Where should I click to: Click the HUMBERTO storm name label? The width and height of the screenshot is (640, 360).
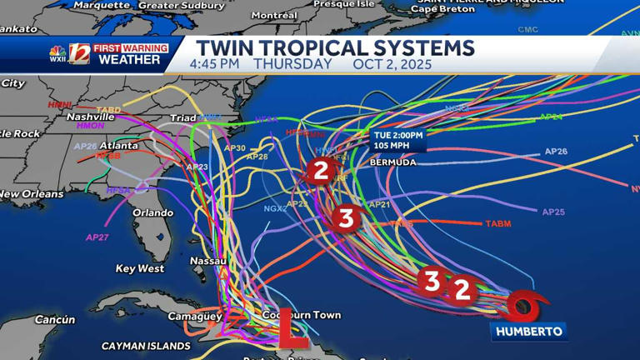pyautogui.click(x=529, y=332)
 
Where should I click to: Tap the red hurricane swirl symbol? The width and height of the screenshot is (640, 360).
pyautogui.click(x=524, y=307)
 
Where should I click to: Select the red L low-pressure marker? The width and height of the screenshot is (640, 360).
pyautogui.click(x=291, y=327)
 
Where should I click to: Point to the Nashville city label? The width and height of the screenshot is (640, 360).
pyautogui.click(x=90, y=117)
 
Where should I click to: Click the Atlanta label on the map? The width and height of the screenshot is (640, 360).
pyautogui.click(x=119, y=146)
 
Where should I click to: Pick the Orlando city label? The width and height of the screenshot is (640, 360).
pyautogui.click(x=153, y=212)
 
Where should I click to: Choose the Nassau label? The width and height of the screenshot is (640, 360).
pyautogui.click(x=208, y=261)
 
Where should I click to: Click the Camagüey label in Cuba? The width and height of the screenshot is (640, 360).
pyautogui.click(x=195, y=316)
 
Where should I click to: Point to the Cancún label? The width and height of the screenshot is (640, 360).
pyautogui.click(x=55, y=319)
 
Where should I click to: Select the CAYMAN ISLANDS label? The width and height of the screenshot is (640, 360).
pyautogui.click(x=146, y=346)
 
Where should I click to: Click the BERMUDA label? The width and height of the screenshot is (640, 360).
pyautogui.click(x=392, y=162)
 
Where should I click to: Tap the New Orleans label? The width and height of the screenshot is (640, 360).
pyautogui.click(x=32, y=194)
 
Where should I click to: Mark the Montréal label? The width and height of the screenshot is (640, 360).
pyautogui.click(x=274, y=15)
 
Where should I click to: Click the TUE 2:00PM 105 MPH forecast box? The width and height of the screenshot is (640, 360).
pyautogui.click(x=398, y=140)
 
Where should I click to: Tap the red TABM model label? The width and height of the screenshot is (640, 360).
pyautogui.click(x=497, y=223)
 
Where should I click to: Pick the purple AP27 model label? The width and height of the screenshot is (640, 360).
pyautogui.click(x=97, y=237)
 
